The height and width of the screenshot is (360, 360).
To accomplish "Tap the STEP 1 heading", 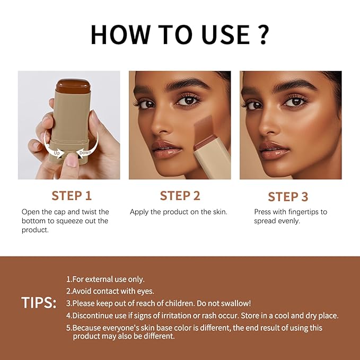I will click(x=75, y=196).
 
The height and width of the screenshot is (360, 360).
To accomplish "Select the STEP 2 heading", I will click(x=180, y=196).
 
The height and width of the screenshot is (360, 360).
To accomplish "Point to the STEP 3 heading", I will click(x=288, y=197).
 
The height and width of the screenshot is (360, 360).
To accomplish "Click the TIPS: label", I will click(x=39, y=303).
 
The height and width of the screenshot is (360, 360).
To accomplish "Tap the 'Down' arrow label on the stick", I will click(x=85, y=153).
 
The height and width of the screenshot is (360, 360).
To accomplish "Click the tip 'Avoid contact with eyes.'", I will click(x=110, y=291).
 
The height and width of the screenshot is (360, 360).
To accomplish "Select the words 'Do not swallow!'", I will click(x=224, y=303).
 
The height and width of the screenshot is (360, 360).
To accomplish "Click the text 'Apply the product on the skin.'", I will click(x=179, y=212).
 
